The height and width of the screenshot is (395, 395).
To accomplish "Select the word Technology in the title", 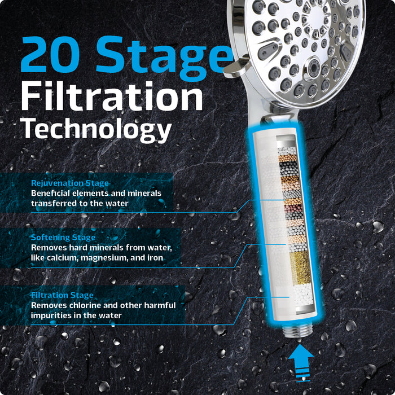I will pyautogui.click(x=96, y=130).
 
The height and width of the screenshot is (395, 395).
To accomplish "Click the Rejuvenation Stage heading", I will pyautogui.click(x=70, y=183).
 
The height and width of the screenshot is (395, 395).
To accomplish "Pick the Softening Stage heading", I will pyautogui.click(x=63, y=238).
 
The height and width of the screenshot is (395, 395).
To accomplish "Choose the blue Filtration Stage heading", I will pyautogui.click(x=62, y=295).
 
